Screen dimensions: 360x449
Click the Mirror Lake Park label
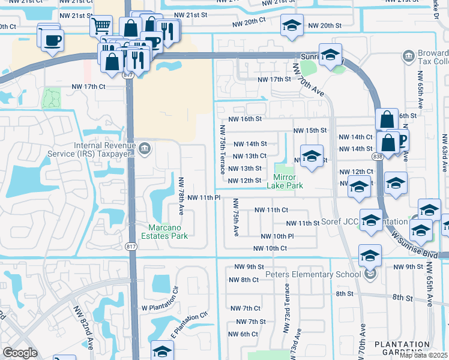288,181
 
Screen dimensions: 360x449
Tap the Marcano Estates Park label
168,231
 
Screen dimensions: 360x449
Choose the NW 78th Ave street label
181,192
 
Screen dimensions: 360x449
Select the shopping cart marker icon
100,26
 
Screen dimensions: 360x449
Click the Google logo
20,353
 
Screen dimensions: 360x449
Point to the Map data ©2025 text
423,355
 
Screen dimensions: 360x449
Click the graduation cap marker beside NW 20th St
292,26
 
